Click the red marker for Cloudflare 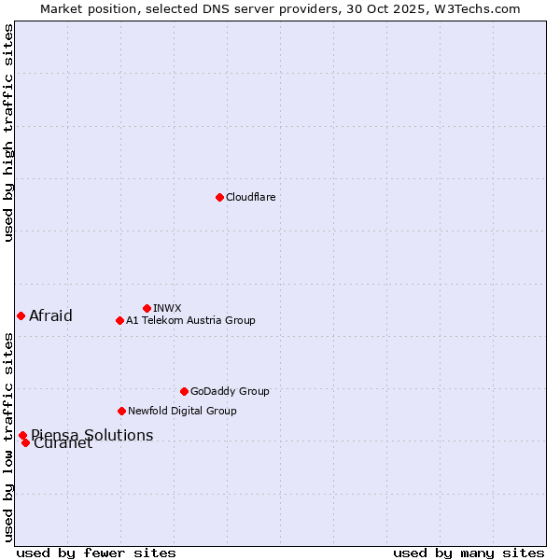coord(219,197)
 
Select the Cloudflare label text coord(251,197)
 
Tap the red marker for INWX coord(147,308)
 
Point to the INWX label coord(167,308)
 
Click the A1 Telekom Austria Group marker coord(119,320)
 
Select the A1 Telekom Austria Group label coord(190,320)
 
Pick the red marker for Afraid coord(21,315)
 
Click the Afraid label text coord(50,315)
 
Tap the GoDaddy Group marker coord(184,391)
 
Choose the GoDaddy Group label coord(230,391)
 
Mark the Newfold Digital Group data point coord(121,411)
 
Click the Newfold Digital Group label coord(182,411)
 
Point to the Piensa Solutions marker coord(22,435)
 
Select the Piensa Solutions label coord(91,435)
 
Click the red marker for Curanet coord(25,442)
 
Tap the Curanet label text coord(63,444)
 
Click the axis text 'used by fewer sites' coord(96,553)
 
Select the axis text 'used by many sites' coord(469,553)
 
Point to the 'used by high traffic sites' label coord(8,133)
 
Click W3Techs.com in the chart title coord(474,8)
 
